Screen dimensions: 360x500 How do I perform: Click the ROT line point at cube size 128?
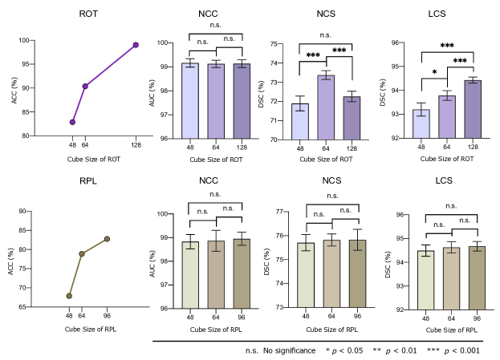tap(136, 45)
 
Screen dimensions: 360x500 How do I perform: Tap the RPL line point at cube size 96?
tap(107, 239)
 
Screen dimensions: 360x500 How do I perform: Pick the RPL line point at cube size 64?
tap(82, 254)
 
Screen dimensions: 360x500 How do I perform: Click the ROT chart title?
tap(90, 14)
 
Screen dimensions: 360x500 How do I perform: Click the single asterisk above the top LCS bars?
tap(434, 72)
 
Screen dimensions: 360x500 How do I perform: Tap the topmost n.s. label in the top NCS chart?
tap(327, 34)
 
